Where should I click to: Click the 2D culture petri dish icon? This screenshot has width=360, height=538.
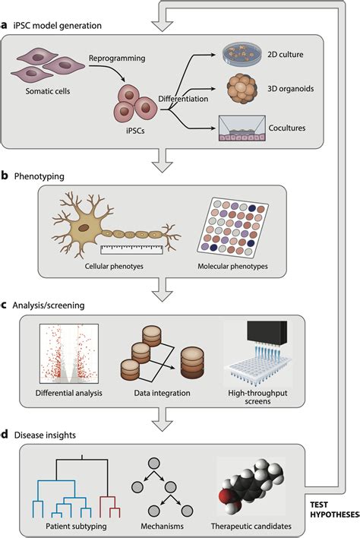click(242, 54)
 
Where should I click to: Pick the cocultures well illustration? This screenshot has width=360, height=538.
click(242, 126)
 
